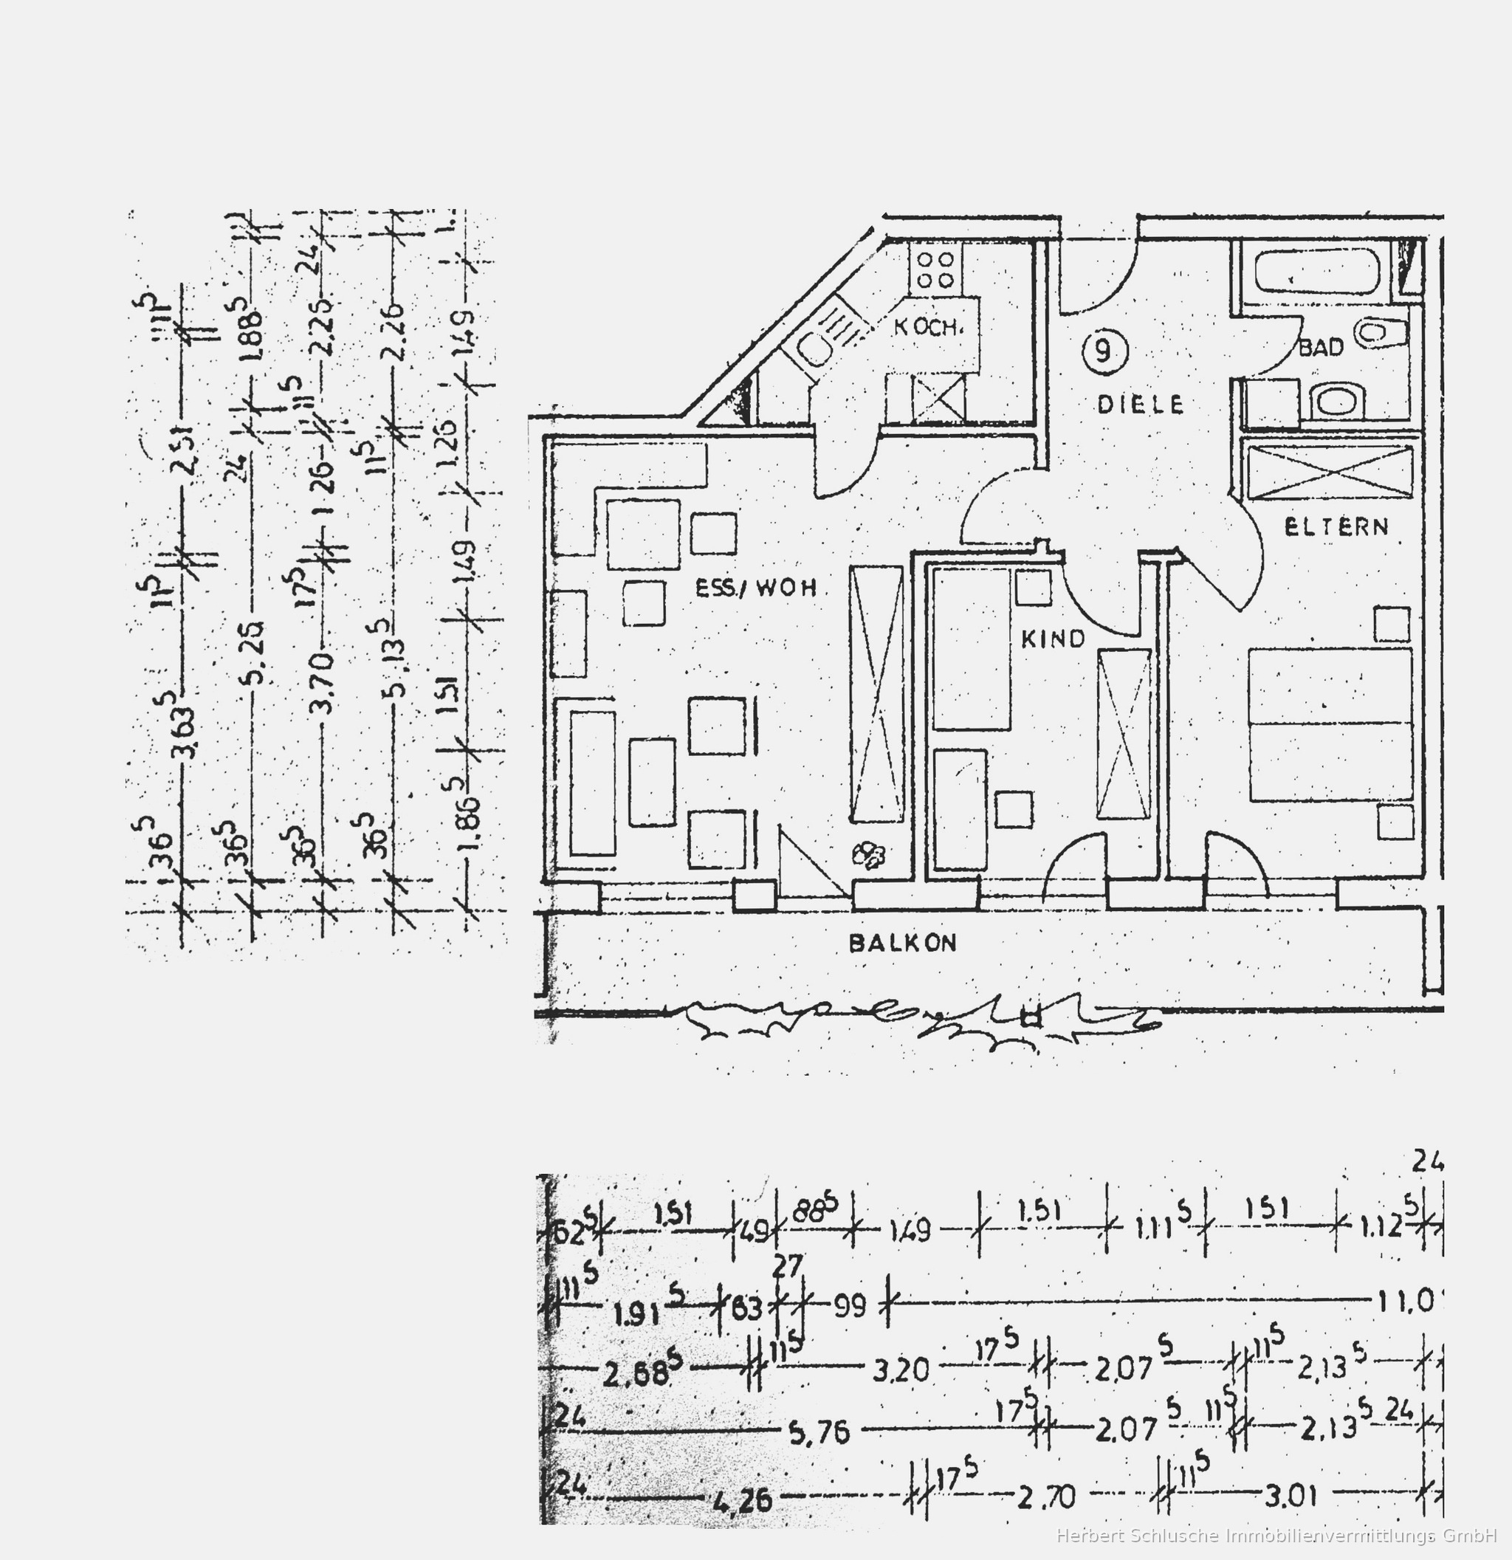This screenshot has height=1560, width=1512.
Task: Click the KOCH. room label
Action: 928,327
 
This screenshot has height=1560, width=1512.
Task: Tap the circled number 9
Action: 1104,351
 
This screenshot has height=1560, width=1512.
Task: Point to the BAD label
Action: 1321,348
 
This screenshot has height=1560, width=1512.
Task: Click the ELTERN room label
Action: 1336,527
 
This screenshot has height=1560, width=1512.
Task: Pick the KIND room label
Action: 1053,639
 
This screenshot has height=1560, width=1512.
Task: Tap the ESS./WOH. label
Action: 755,588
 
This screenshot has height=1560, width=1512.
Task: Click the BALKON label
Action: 902,944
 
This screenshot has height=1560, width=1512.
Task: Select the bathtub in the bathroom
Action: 1316,272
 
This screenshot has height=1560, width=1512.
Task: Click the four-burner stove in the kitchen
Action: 935,269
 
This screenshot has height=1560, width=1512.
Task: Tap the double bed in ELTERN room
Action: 1330,724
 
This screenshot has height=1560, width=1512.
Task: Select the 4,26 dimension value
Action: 742,1501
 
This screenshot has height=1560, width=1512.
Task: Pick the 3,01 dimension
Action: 1291,1496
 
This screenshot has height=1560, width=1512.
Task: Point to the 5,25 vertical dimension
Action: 254,664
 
